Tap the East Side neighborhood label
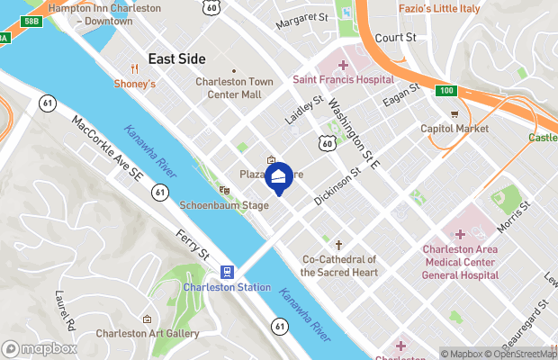176,58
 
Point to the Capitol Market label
454,129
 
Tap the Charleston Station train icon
227,271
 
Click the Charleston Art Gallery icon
147,319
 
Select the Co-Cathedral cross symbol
339,245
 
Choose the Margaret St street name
301,17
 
